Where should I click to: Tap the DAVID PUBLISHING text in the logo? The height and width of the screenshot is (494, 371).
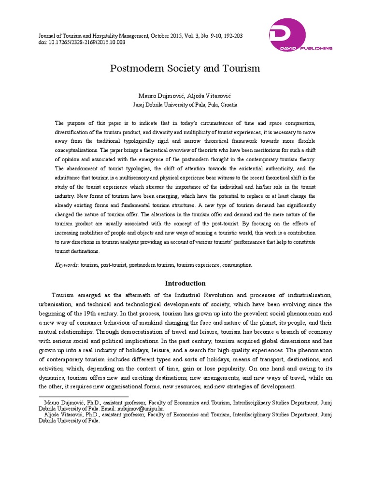(312, 48)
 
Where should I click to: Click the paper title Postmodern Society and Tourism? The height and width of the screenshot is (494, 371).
(186, 69)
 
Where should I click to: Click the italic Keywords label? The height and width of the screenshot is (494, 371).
(66, 265)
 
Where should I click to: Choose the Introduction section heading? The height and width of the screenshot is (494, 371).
(185, 283)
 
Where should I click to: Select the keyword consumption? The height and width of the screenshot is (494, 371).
(237, 265)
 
